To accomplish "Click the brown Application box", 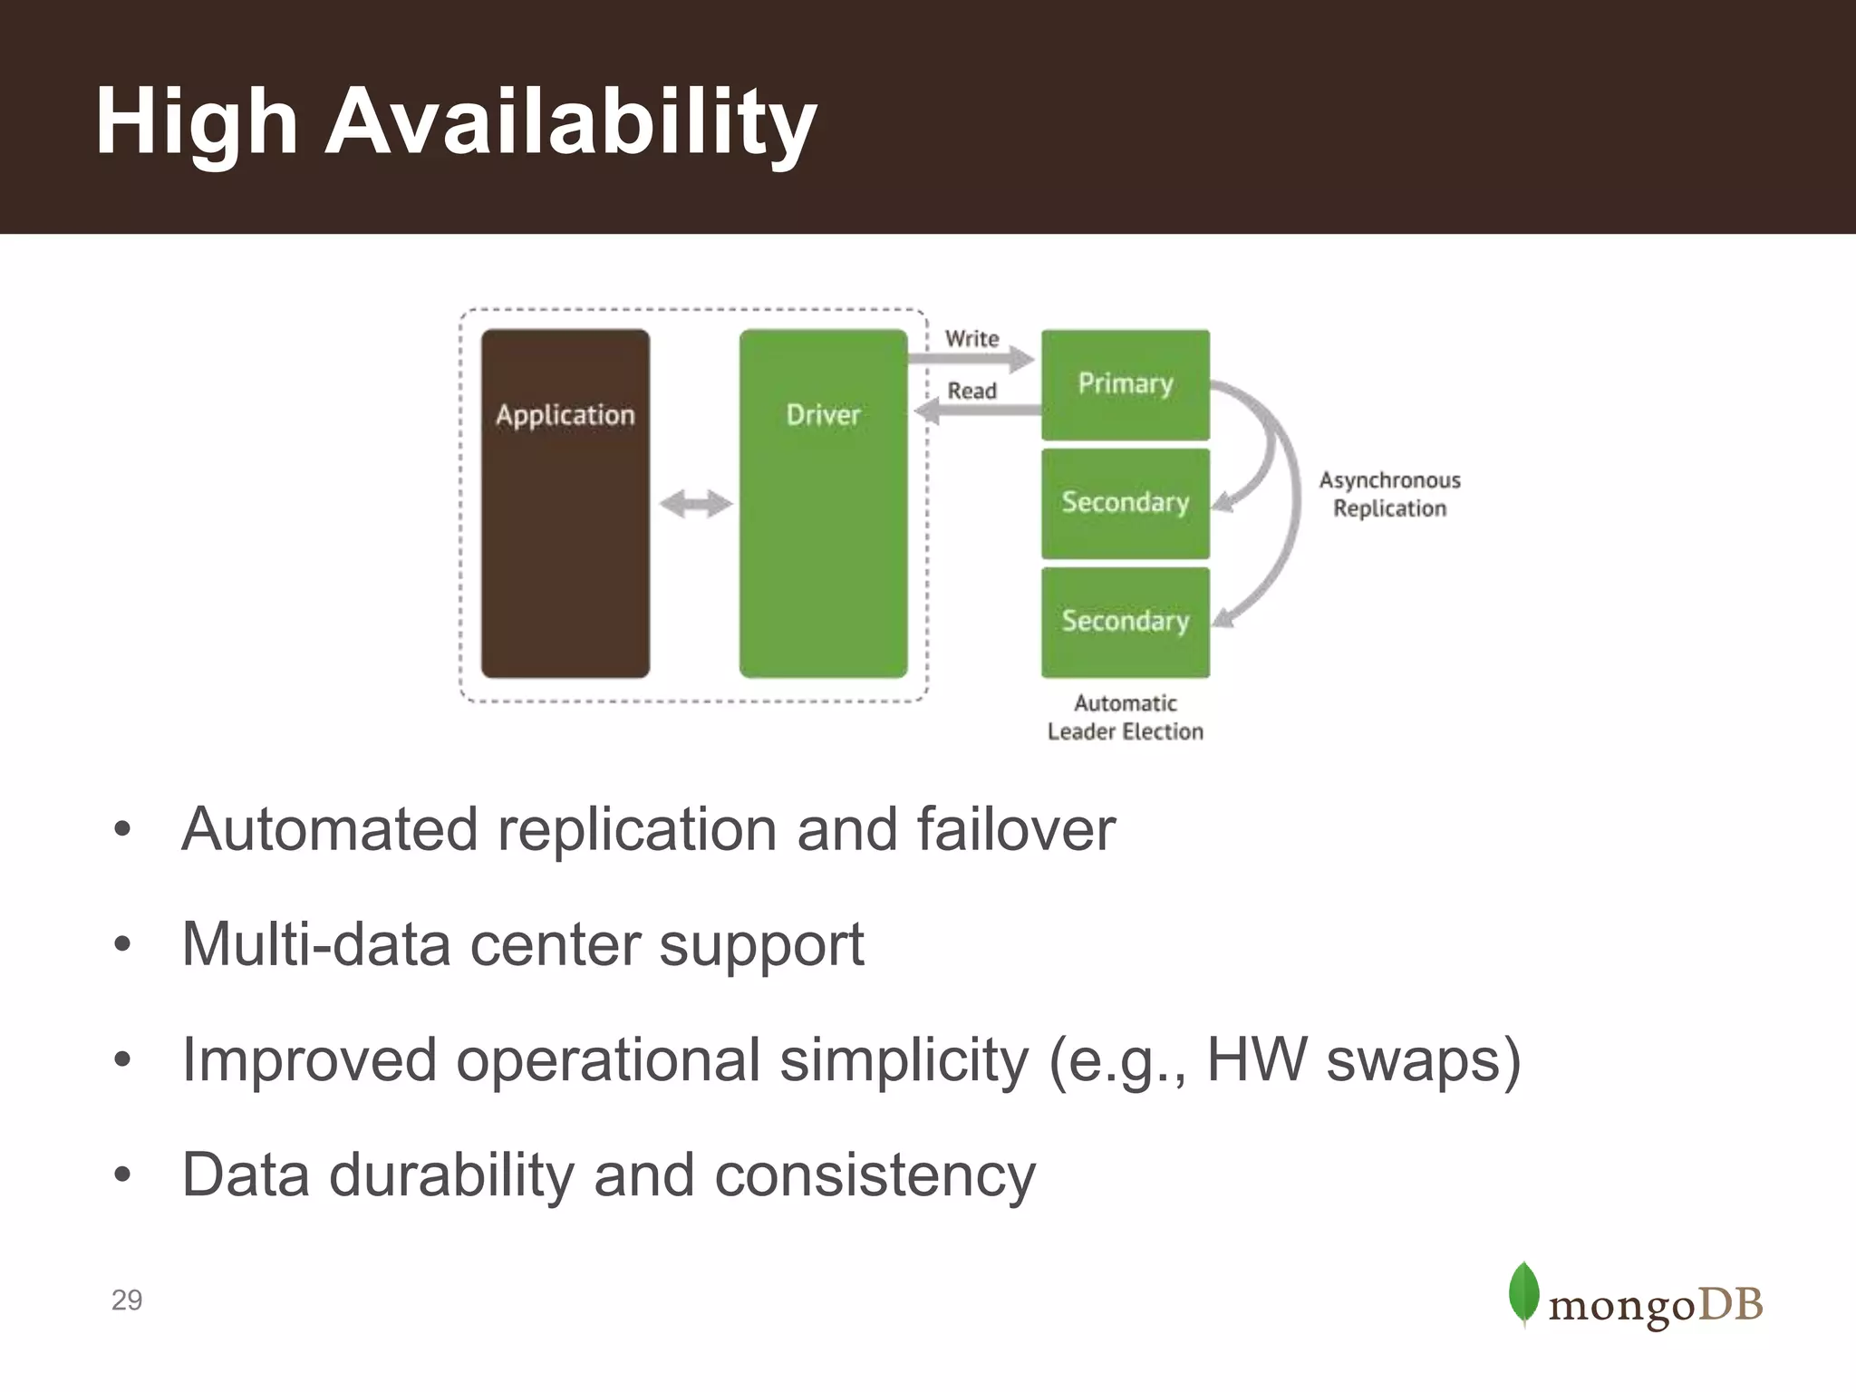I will pyautogui.click(x=565, y=503).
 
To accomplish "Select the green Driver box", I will pyautogui.click(x=823, y=503).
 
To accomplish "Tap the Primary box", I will pyautogui.click(x=1125, y=384).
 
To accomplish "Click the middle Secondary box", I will pyautogui.click(x=1125, y=503).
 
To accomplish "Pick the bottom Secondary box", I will pyautogui.click(x=1125, y=622).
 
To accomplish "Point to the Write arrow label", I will pyautogui.click(x=971, y=339).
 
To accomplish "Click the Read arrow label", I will pyautogui.click(x=971, y=391).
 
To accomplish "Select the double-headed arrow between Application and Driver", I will pyautogui.click(x=695, y=504).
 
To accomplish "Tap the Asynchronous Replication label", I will pyautogui.click(x=1389, y=494).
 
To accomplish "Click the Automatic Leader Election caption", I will pyautogui.click(x=1125, y=717).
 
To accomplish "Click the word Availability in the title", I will pyautogui.click(x=570, y=122).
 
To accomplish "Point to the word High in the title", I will pyautogui.click(x=196, y=122).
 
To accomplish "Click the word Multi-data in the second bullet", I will pyautogui.click(x=315, y=944).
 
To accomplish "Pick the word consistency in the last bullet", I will pyautogui.click(x=875, y=1175).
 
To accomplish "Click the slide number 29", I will pyautogui.click(x=127, y=1300).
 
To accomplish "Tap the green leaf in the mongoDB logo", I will pyautogui.click(x=1523, y=1293).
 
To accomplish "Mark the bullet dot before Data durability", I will pyautogui.click(x=122, y=1175).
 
